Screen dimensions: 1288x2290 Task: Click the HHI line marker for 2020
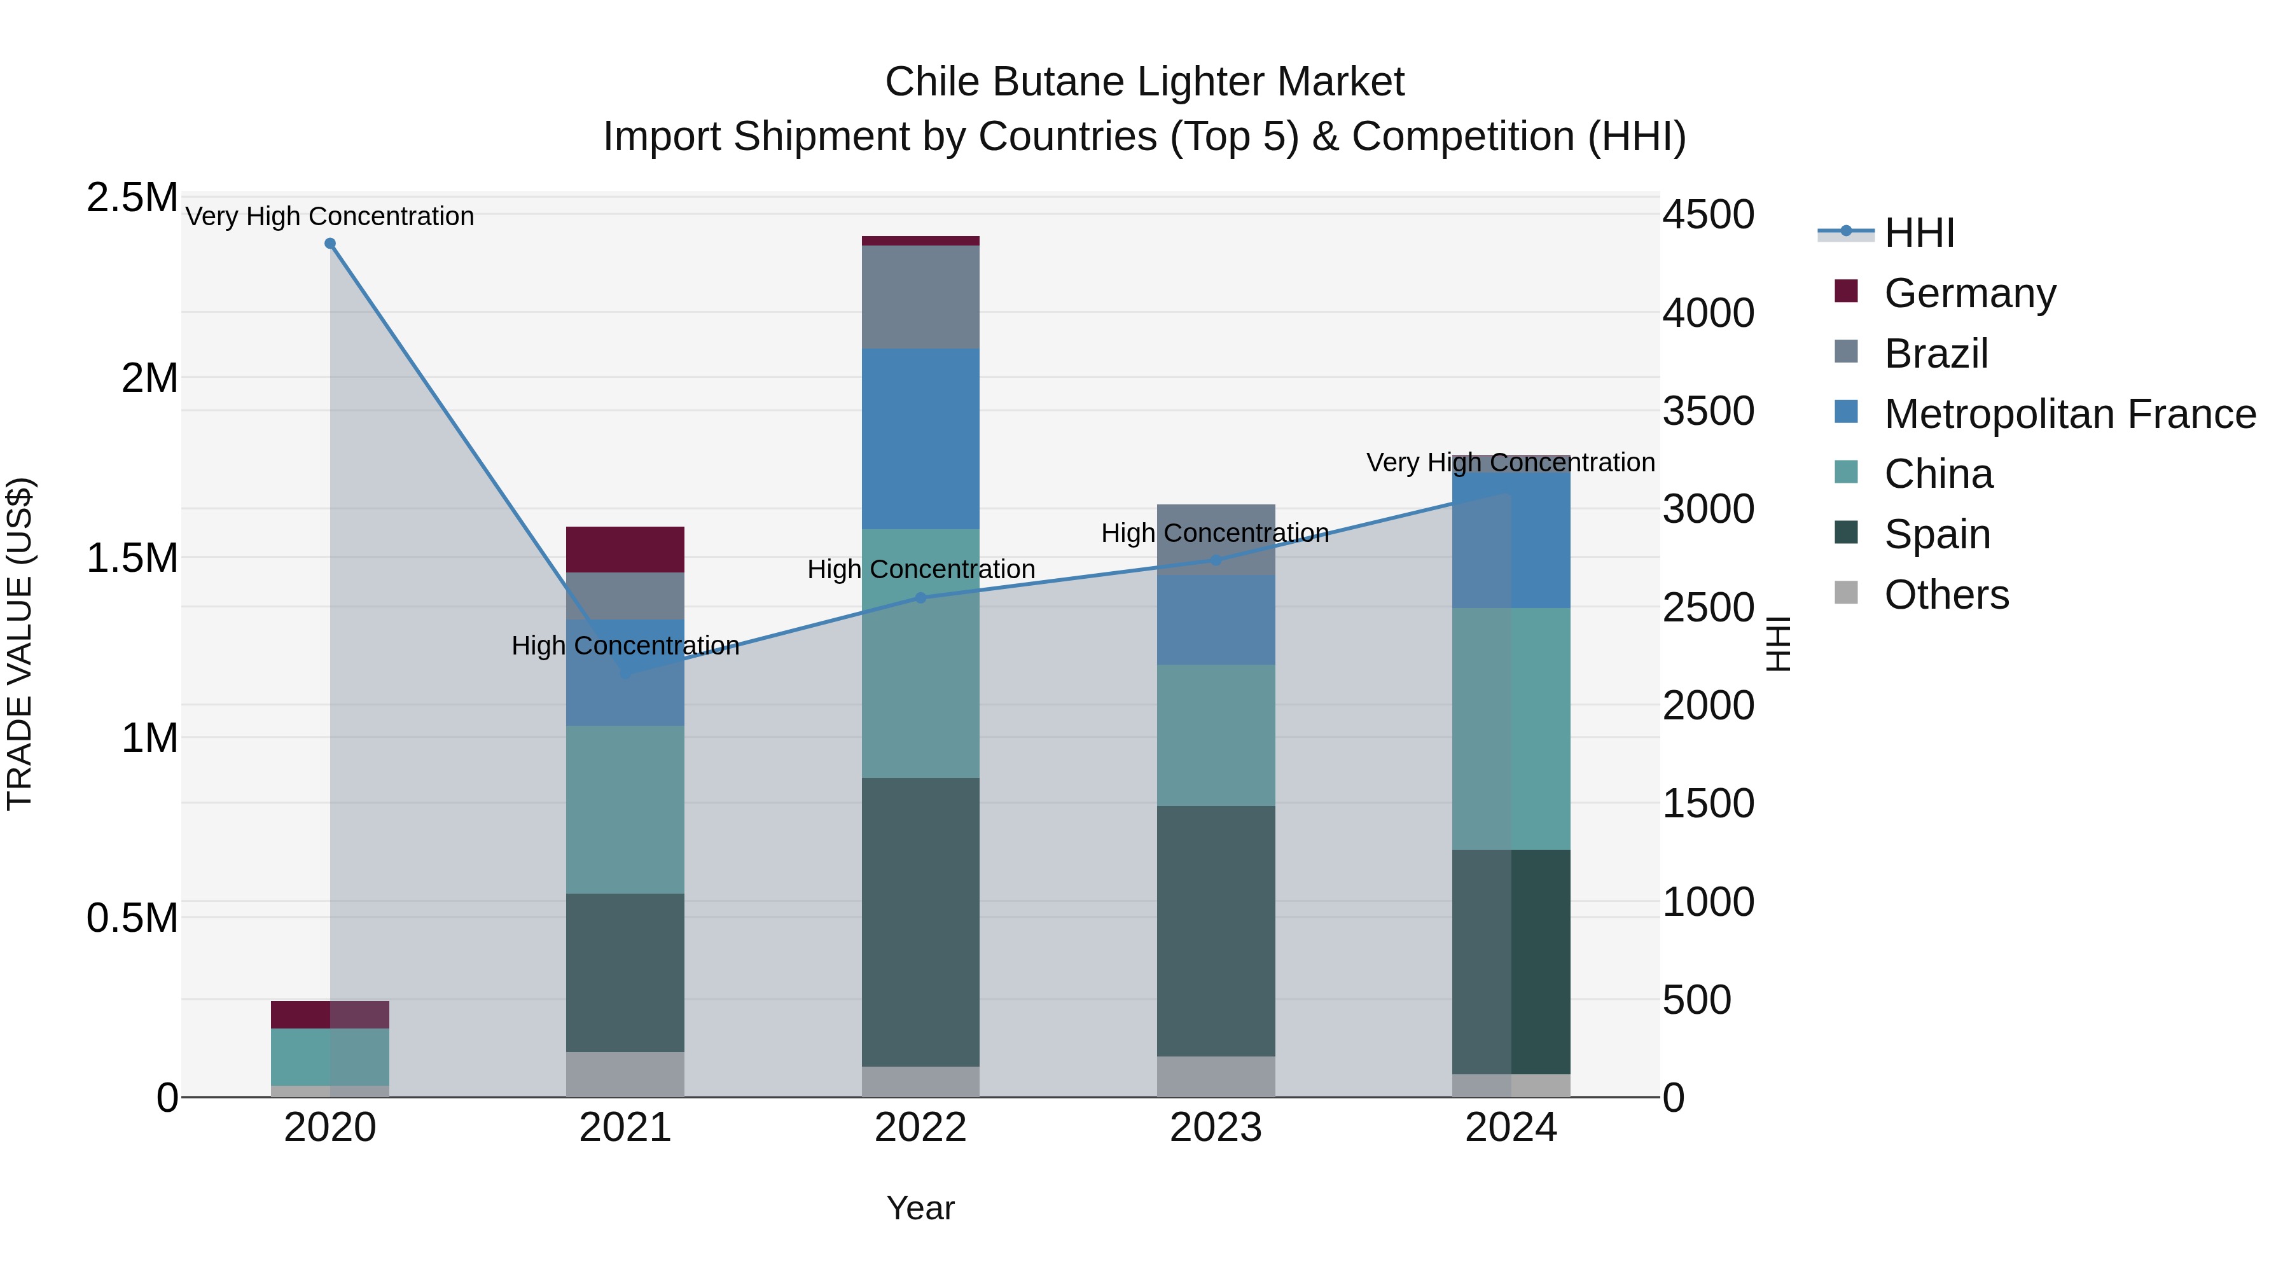330,244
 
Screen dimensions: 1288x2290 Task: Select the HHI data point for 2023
1216,560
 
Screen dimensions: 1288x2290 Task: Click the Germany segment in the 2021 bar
625,550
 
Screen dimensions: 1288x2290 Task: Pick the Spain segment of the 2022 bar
921,922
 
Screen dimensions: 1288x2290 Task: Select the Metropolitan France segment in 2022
921,439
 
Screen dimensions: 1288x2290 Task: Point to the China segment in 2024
1511,729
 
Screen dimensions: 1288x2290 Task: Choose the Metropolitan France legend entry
2069,413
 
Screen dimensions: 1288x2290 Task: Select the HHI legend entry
1919,233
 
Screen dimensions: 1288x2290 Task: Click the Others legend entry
1946,595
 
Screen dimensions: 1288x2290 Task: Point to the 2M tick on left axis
149,378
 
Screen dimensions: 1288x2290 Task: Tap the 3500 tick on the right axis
1708,412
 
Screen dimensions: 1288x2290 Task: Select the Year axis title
920,1208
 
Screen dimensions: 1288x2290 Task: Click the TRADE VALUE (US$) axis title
20,644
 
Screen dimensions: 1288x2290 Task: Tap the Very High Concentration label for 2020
330,216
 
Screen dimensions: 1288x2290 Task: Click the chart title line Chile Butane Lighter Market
1144,82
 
